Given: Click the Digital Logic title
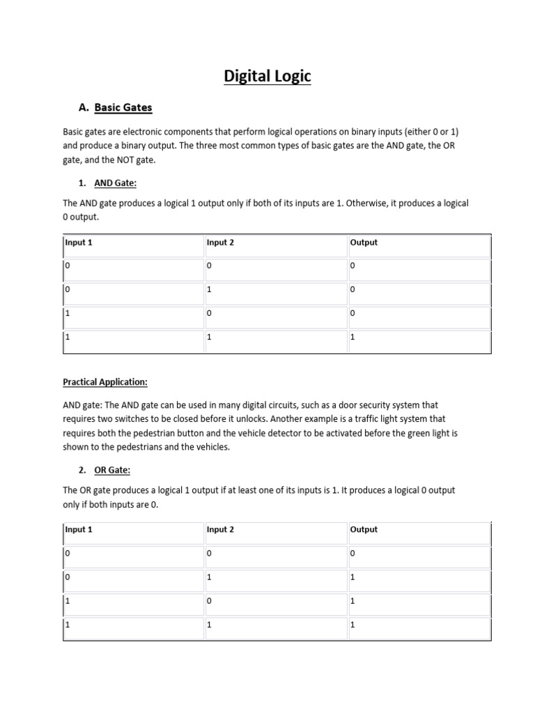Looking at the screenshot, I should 267,75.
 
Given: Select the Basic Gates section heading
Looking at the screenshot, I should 123,107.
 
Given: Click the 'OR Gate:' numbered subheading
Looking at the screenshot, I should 111,470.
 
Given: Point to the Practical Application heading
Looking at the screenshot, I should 105,382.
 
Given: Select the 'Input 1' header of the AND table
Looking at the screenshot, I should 79,243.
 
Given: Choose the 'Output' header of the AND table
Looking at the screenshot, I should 364,243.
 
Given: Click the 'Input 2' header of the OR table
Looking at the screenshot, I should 220,529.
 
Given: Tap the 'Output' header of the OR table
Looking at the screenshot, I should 364,529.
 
